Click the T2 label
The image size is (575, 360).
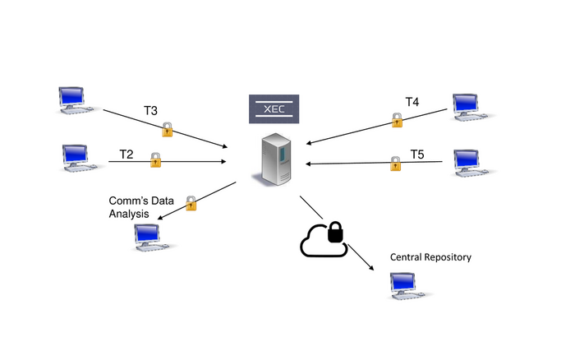[x=126, y=154]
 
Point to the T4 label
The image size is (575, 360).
[x=412, y=102]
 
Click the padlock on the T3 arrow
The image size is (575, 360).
[x=168, y=129]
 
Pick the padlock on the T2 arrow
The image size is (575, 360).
[x=155, y=161]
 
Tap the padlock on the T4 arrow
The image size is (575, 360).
[x=398, y=120]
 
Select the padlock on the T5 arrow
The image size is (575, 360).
[x=396, y=163]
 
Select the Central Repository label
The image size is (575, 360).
[x=430, y=257]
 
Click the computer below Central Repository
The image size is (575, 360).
[x=409, y=284]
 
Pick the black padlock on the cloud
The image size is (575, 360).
[x=334, y=233]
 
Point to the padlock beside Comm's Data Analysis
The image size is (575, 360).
[x=191, y=202]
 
